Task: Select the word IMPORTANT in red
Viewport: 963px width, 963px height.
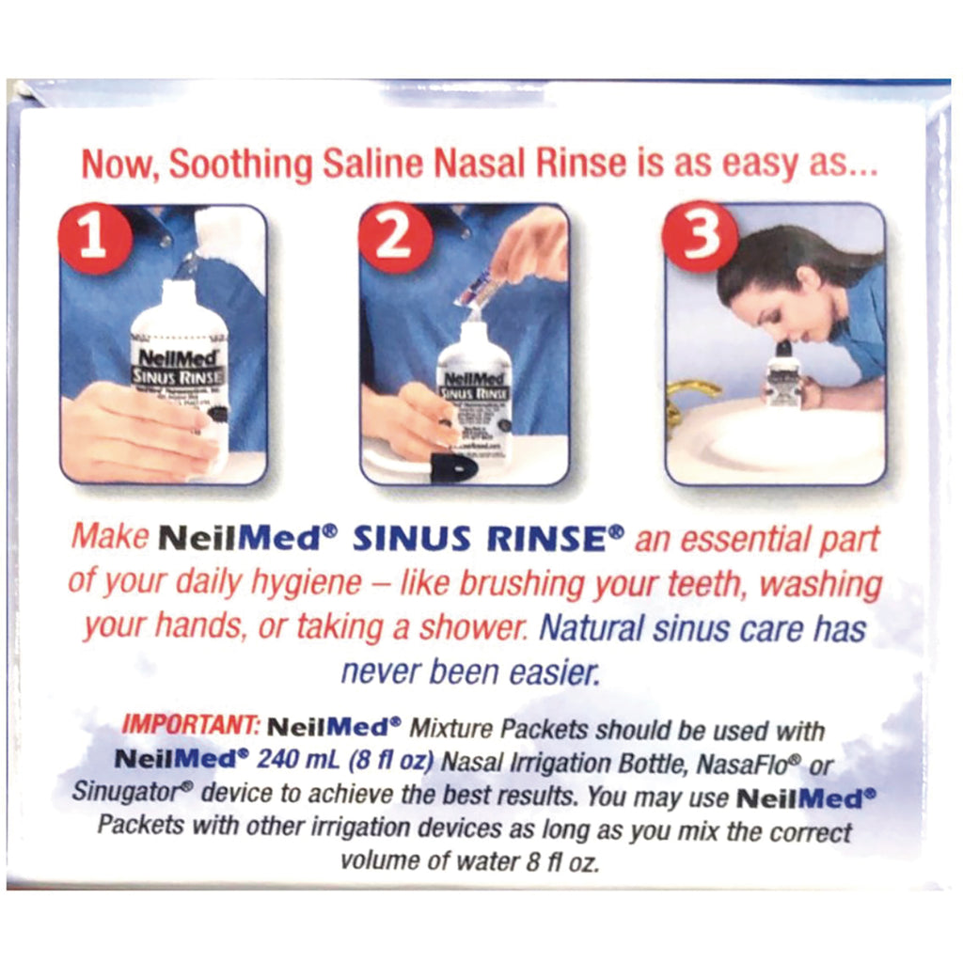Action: (x=189, y=727)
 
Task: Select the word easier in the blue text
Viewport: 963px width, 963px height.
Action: (x=547, y=671)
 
